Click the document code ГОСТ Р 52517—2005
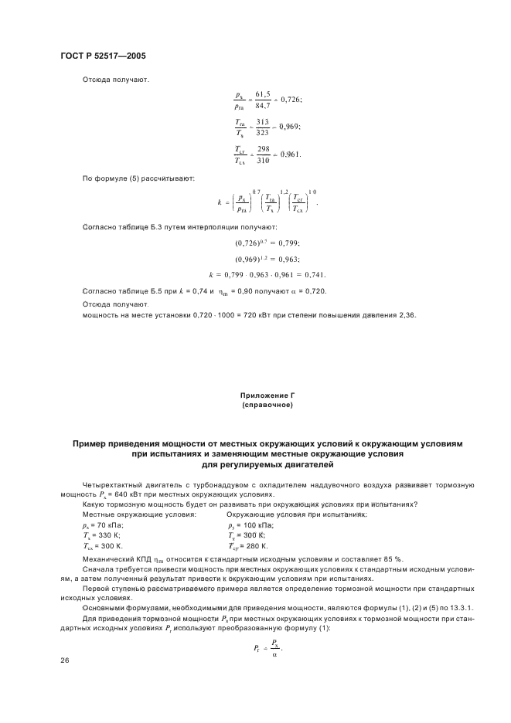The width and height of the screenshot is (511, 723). pyautogui.click(x=102, y=56)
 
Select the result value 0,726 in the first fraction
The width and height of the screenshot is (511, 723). pyautogui.click(x=291, y=100)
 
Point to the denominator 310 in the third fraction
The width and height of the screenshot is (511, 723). pyautogui.click(x=264, y=161)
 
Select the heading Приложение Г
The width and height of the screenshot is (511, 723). pyautogui.click(x=267, y=395)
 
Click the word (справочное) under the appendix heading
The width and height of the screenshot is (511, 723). pyautogui.click(x=267, y=404)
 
